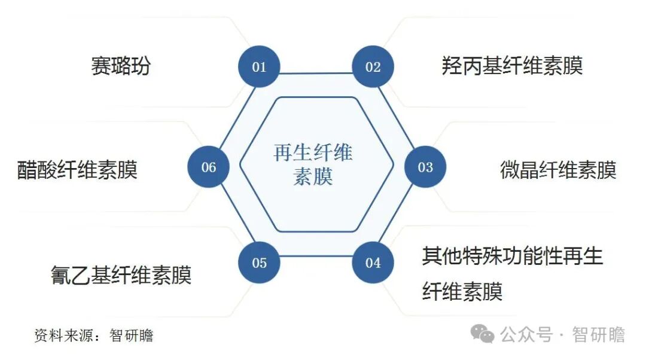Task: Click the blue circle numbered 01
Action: [259, 66]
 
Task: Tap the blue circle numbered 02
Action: [373, 66]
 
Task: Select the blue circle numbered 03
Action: [425, 167]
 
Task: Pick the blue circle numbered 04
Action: [373, 263]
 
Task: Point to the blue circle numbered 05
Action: [259, 263]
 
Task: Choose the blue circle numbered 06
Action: [208, 167]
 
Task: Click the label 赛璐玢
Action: [121, 66]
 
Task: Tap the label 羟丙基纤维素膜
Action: [512, 66]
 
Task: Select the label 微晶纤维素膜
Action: [557, 170]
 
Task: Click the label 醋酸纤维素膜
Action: [77, 170]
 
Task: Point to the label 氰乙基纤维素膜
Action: [121, 275]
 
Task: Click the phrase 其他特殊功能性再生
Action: [512, 257]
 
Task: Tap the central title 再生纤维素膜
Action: [313, 164]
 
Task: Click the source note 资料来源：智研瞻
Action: [94, 335]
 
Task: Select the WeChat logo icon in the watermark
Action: [482, 334]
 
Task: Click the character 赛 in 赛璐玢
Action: [101, 66]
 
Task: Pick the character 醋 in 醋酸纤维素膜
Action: [28, 170]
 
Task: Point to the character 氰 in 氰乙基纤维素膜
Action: [62, 275]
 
